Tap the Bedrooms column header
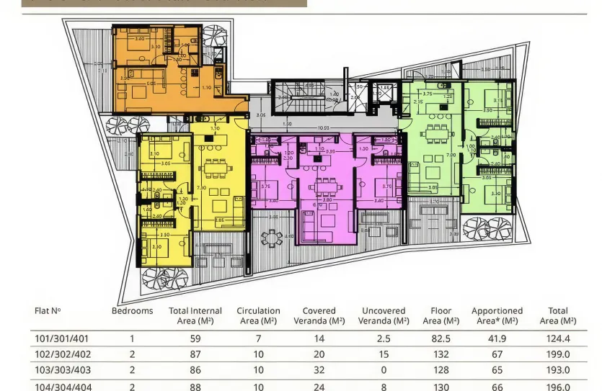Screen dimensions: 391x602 132,311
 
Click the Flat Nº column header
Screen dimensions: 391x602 48,311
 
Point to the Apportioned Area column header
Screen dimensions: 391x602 497,315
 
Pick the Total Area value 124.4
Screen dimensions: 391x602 557,338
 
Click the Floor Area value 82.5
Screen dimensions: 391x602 441,338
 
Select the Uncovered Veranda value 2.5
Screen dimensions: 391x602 384,338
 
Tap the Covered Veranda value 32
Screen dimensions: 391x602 319,370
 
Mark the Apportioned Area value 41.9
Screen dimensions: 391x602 497,338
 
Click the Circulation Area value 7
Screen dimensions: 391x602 258,338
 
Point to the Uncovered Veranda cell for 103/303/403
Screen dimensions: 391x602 384,370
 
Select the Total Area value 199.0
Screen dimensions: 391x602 557,354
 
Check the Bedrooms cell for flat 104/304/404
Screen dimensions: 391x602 132,387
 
